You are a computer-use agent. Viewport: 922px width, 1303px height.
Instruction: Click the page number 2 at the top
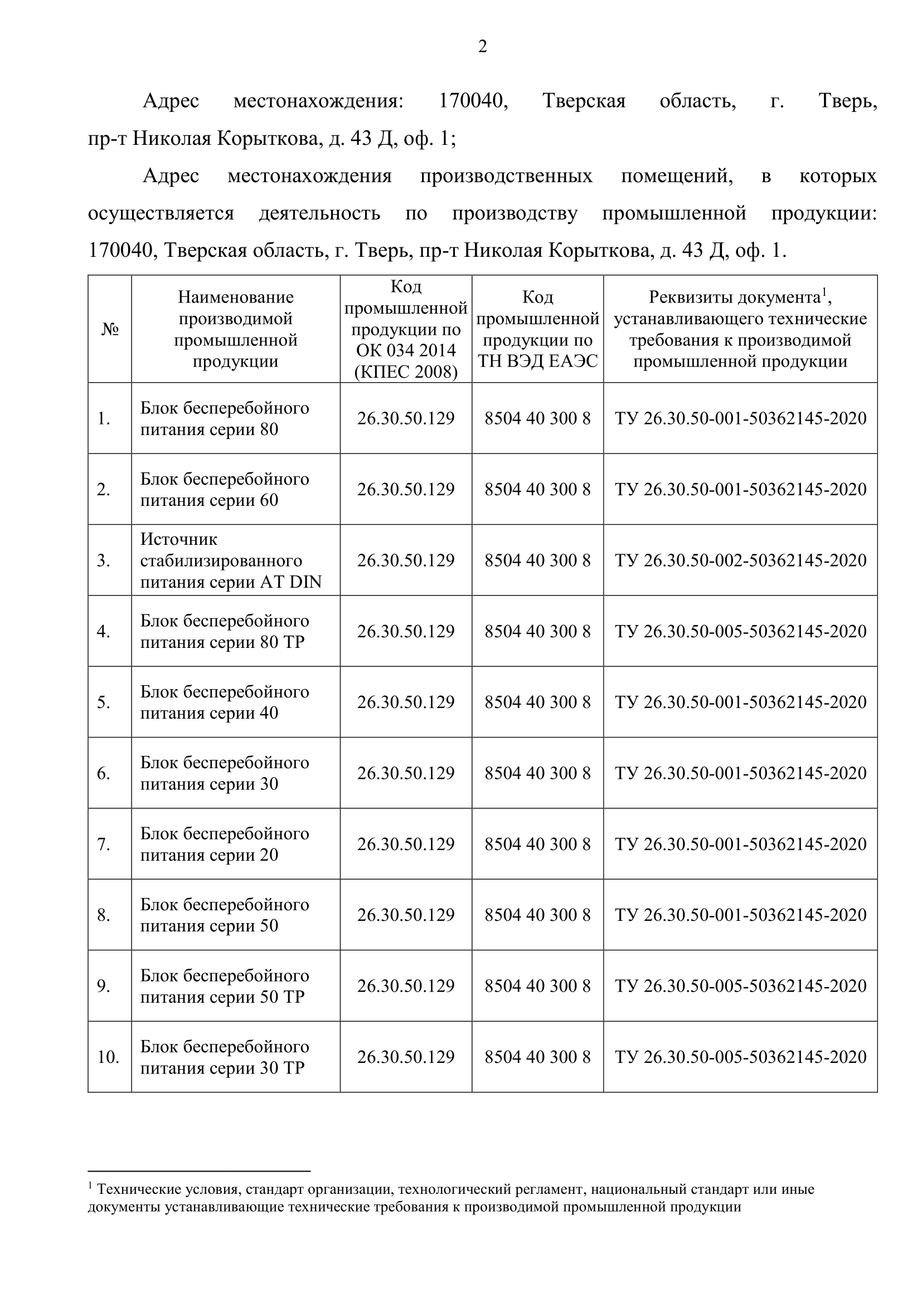click(482, 47)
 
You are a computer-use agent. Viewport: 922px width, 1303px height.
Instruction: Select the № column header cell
click(110, 329)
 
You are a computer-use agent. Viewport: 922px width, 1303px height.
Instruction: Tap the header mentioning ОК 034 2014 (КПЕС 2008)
click(406, 329)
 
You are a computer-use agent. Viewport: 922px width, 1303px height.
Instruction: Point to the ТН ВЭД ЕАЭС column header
click(537, 329)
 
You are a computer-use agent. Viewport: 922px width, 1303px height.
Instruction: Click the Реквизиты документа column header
click(740, 329)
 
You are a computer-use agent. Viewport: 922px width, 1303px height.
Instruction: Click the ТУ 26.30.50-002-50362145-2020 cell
click(740, 560)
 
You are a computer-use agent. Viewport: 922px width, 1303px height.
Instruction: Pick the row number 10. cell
click(108, 1057)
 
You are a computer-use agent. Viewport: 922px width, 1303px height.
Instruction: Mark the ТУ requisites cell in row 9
click(740, 986)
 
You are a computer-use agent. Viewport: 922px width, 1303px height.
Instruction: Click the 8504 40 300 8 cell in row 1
click(537, 418)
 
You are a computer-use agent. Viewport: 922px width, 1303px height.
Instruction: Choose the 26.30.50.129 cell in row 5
click(406, 702)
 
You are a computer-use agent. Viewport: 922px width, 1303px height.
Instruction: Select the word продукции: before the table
click(824, 213)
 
